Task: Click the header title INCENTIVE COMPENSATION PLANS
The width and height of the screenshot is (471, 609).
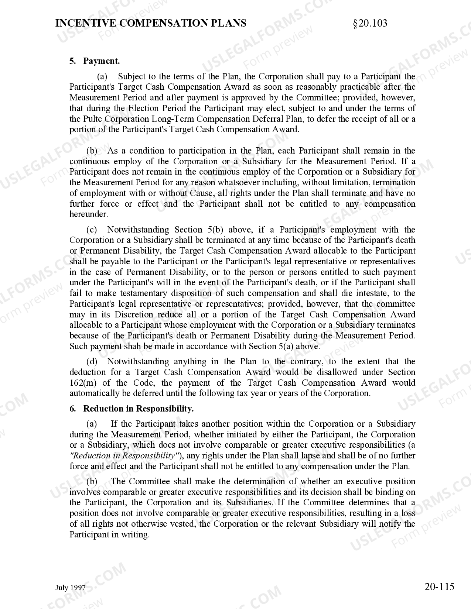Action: coord(151,23)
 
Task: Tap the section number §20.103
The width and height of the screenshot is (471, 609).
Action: coord(370,23)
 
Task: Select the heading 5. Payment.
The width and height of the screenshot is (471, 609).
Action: coord(95,61)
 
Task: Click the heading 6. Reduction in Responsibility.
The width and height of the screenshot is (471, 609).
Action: coord(132,409)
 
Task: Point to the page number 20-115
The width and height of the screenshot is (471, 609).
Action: coord(439,586)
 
